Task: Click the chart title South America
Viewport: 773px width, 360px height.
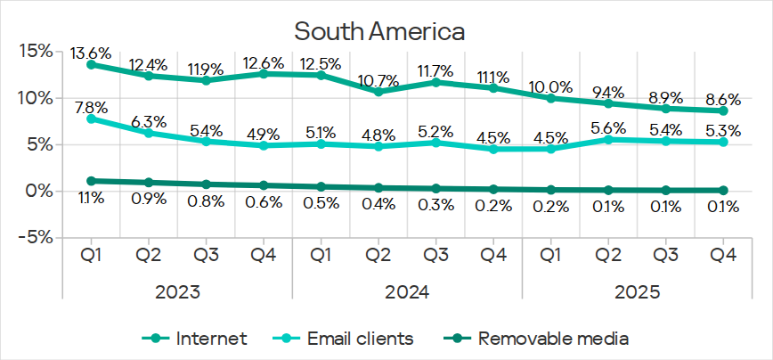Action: click(x=379, y=32)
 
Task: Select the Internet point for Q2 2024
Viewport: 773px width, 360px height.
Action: click(x=378, y=92)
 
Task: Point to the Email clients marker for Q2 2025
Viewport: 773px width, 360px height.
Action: click(x=608, y=140)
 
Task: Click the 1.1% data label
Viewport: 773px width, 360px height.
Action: click(x=91, y=199)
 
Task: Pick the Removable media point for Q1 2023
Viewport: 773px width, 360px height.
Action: click(x=91, y=181)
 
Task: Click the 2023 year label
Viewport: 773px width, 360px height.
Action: click(x=177, y=291)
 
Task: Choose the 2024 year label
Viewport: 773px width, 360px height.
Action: click(x=407, y=291)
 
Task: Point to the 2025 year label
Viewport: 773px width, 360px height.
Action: click(x=637, y=291)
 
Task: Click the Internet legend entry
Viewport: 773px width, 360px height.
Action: click(x=196, y=339)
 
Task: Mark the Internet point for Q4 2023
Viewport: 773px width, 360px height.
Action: click(x=264, y=74)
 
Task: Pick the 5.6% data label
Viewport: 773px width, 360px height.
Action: click(x=608, y=126)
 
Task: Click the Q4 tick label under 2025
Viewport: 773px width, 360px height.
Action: click(x=722, y=256)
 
